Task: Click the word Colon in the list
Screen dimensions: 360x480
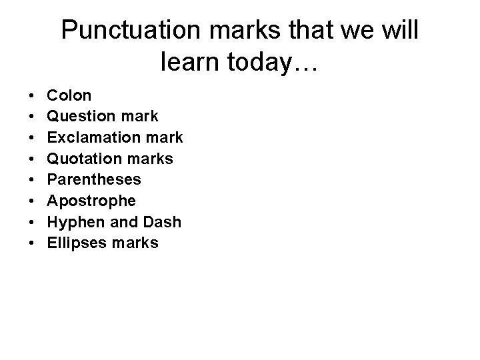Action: pos(69,95)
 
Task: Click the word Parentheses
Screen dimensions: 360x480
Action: pos(94,180)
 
